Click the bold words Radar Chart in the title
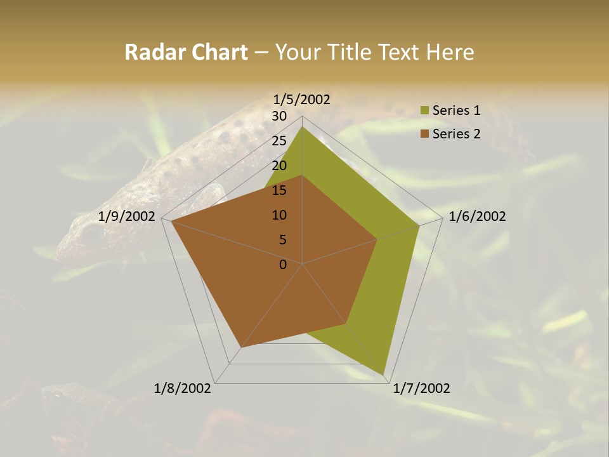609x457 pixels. (186, 52)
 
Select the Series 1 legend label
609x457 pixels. (456, 110)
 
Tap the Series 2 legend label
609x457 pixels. (456, 134)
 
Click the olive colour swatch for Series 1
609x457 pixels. (425, 111)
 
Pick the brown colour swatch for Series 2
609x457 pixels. (425, 135)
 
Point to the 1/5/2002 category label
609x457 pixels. (302, 99)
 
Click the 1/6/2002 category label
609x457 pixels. (477, 216)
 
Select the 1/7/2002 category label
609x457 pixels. (421, 388)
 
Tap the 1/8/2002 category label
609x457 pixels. (183, 388)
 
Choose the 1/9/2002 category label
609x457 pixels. (127, 216)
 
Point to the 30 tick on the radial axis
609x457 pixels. (279, 116)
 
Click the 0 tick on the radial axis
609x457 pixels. (283, 265)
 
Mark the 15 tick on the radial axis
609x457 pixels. (279, 190)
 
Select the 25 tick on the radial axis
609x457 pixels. (279, 141)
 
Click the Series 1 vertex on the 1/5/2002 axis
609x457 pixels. (303, 126)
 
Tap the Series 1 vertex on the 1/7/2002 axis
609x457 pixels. (384, 374)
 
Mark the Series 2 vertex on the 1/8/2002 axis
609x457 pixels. (241, 348)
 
